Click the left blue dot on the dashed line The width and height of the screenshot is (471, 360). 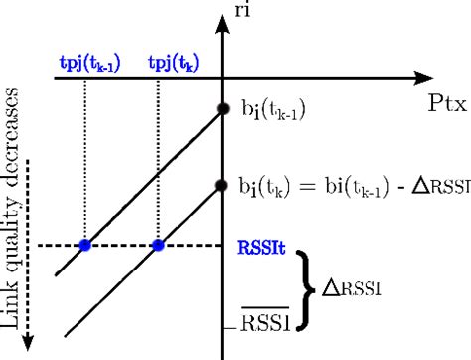(x=85, y=244)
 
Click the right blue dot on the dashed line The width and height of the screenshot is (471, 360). (x=158, y=244)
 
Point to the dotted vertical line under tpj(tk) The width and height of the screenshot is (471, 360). (x=158, y=159)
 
